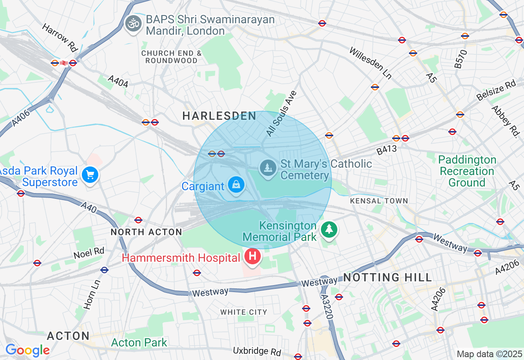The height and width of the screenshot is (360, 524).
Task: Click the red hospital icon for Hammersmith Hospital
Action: (x=253, y=257)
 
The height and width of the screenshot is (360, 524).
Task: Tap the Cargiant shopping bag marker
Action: (x=236, y=185)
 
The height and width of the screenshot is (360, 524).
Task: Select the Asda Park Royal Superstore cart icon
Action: (x=90, y=175)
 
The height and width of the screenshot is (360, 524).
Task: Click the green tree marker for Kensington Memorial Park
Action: (x=329, y=229)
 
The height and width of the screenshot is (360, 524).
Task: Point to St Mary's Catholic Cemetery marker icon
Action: (x=268, y=167)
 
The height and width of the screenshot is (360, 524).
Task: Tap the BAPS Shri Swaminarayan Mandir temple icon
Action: (x=133, y=23)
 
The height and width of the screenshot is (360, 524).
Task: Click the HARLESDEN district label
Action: (x=219, y=116)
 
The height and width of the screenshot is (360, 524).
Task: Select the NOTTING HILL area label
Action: (x=388, y=278)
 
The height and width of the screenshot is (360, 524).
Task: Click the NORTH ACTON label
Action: (x=147, y=232)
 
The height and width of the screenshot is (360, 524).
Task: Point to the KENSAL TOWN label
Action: (x=379, y=201)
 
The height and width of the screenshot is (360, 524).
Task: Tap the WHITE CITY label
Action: (x=244, y=312)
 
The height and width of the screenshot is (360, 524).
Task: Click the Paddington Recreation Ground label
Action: (x=467, y=171)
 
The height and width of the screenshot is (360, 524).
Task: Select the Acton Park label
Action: (x=139, y=342)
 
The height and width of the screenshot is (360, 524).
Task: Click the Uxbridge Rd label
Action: (x=257, y=351)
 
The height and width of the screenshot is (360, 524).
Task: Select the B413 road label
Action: (x=387, y=150)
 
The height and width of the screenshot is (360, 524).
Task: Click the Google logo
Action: (x=27, y=350)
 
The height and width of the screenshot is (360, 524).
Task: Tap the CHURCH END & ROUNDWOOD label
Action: (x=172, y=57)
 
